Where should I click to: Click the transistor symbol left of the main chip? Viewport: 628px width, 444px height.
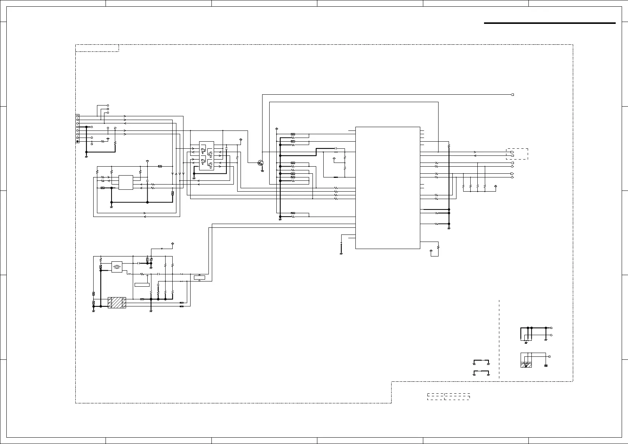click(260, 163)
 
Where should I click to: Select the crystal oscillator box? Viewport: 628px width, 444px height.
click(117, 267)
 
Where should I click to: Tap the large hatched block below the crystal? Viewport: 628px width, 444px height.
click(117, 303)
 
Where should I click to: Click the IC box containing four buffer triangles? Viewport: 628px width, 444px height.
click(207, 156)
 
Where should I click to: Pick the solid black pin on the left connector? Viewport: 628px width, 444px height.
click(78, 141)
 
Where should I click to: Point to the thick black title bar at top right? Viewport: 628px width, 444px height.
click(549, 23)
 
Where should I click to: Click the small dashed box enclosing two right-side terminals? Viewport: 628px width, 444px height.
click(517, 154)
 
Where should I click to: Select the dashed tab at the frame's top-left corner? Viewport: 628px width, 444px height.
click(97, 48)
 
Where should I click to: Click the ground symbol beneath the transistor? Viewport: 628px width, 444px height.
click(262, 170)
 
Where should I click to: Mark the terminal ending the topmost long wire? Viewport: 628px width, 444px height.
click(512, 95)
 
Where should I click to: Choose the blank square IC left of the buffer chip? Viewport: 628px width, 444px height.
click(126, 182)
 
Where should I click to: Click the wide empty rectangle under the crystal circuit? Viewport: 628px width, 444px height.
click(142, 285)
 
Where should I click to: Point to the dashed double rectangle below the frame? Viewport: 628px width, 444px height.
click(448, 396)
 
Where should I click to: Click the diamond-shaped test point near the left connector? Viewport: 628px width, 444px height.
click(108, 139)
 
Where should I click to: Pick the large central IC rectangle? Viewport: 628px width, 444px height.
click(388, 188)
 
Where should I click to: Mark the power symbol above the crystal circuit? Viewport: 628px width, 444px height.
click(172, 243)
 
